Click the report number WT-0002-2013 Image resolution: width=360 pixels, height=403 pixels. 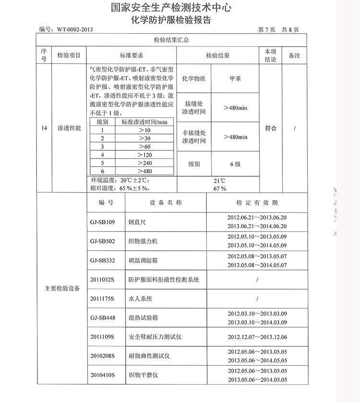click(x=74, y=29)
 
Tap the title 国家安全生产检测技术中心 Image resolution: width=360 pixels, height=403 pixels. click(x=171, y=8)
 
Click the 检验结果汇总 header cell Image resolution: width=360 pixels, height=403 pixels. click(x=170, y=40)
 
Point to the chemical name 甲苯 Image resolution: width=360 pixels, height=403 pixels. click(x=235, y=78)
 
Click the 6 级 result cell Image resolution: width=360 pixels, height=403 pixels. click(x=235, y=164)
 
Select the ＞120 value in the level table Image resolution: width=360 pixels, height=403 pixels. click(x=144, y=155)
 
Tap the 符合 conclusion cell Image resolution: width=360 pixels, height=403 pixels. click(x=271, y=129)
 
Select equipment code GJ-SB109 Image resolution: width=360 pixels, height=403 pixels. click(x=103, y=222)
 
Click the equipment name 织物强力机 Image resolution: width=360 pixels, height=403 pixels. click(x=144, y=241)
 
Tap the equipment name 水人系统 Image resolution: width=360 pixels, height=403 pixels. click(x=141, y=299)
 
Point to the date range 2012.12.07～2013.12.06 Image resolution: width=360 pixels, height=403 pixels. click(x=257, y=337)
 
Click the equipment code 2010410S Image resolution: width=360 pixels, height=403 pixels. click(x=103, y=375)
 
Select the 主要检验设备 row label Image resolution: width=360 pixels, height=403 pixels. click(x=62, y=289)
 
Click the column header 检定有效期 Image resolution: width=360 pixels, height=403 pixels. click(x=257, y=203)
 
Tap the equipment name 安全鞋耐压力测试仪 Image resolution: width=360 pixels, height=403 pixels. click(x=155, y=337)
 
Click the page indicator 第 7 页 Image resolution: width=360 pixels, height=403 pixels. click(x=266, y=29)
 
